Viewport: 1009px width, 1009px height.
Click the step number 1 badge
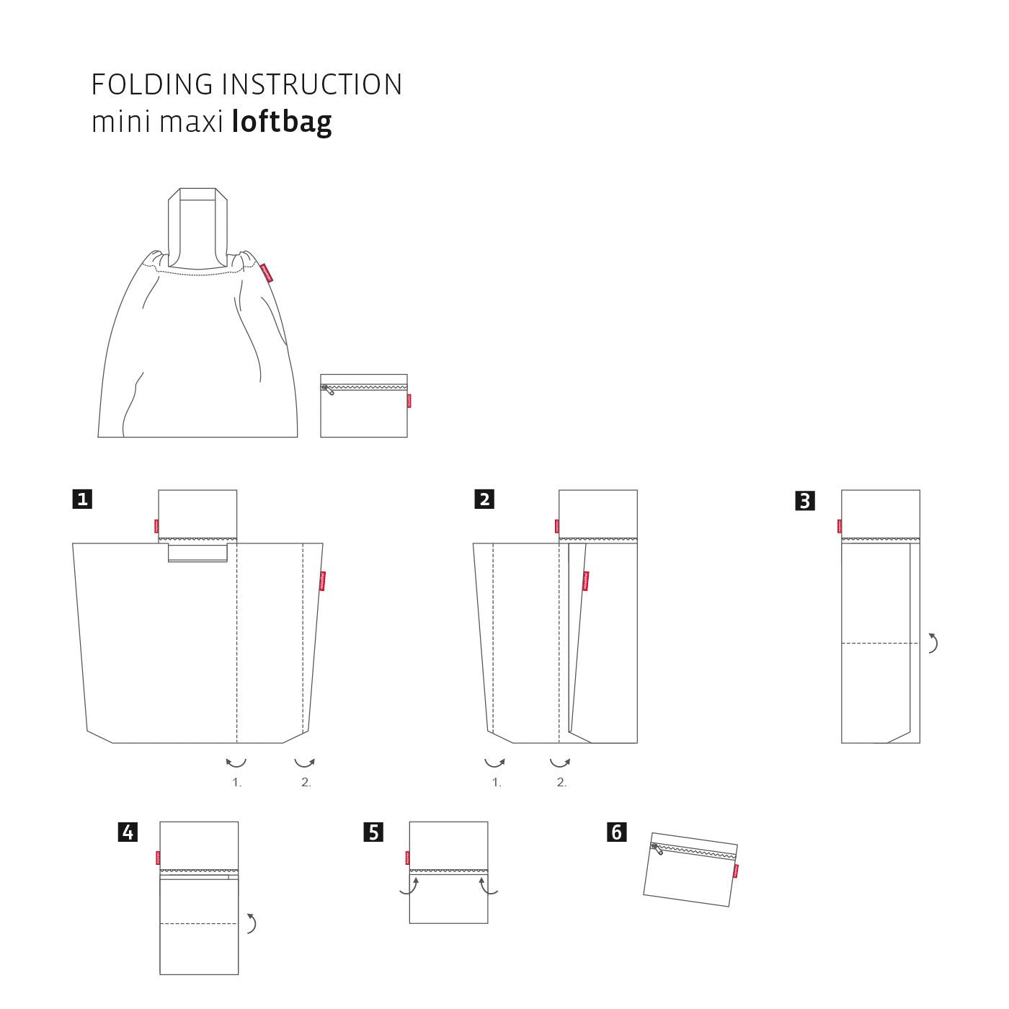click(x=82, y=499)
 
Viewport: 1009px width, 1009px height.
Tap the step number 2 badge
click(x=484, y=499)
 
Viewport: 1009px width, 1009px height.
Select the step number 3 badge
click(x=805, y=500)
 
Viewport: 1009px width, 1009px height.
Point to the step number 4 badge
click(x=128, y=832)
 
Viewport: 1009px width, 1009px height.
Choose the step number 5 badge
click(x=373, y=832)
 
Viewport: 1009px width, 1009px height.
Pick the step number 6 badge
click(x=616, y=832)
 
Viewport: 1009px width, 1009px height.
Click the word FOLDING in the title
click(x=152, y=85)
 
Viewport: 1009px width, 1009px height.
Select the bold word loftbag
click(x=282, y=123)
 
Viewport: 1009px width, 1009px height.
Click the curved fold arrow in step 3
click(x=933, y=643)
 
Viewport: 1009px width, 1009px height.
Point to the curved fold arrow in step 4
click(x=252, y=923)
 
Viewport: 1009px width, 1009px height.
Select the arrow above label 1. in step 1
click(x=236, y=762)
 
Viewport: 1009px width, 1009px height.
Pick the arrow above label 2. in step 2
click(x=560, y=762)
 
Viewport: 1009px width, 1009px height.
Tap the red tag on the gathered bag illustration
click(x=265, y=273)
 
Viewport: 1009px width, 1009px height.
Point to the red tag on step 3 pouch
click(x=840, y=526)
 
